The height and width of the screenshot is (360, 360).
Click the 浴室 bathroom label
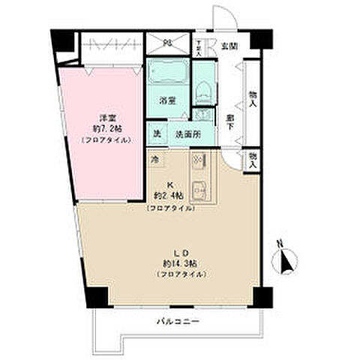(167, 100)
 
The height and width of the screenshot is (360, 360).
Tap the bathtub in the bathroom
(169, 75)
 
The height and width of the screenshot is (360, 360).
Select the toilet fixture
(202, 90)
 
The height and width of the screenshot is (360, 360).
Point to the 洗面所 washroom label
(187, 135)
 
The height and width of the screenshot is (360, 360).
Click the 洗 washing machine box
(157, 134)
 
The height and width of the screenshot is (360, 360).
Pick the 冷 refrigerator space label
(155, 160)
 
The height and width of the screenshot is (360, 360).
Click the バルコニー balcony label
(178, 322)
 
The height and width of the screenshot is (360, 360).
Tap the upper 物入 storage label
(253, 98)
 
